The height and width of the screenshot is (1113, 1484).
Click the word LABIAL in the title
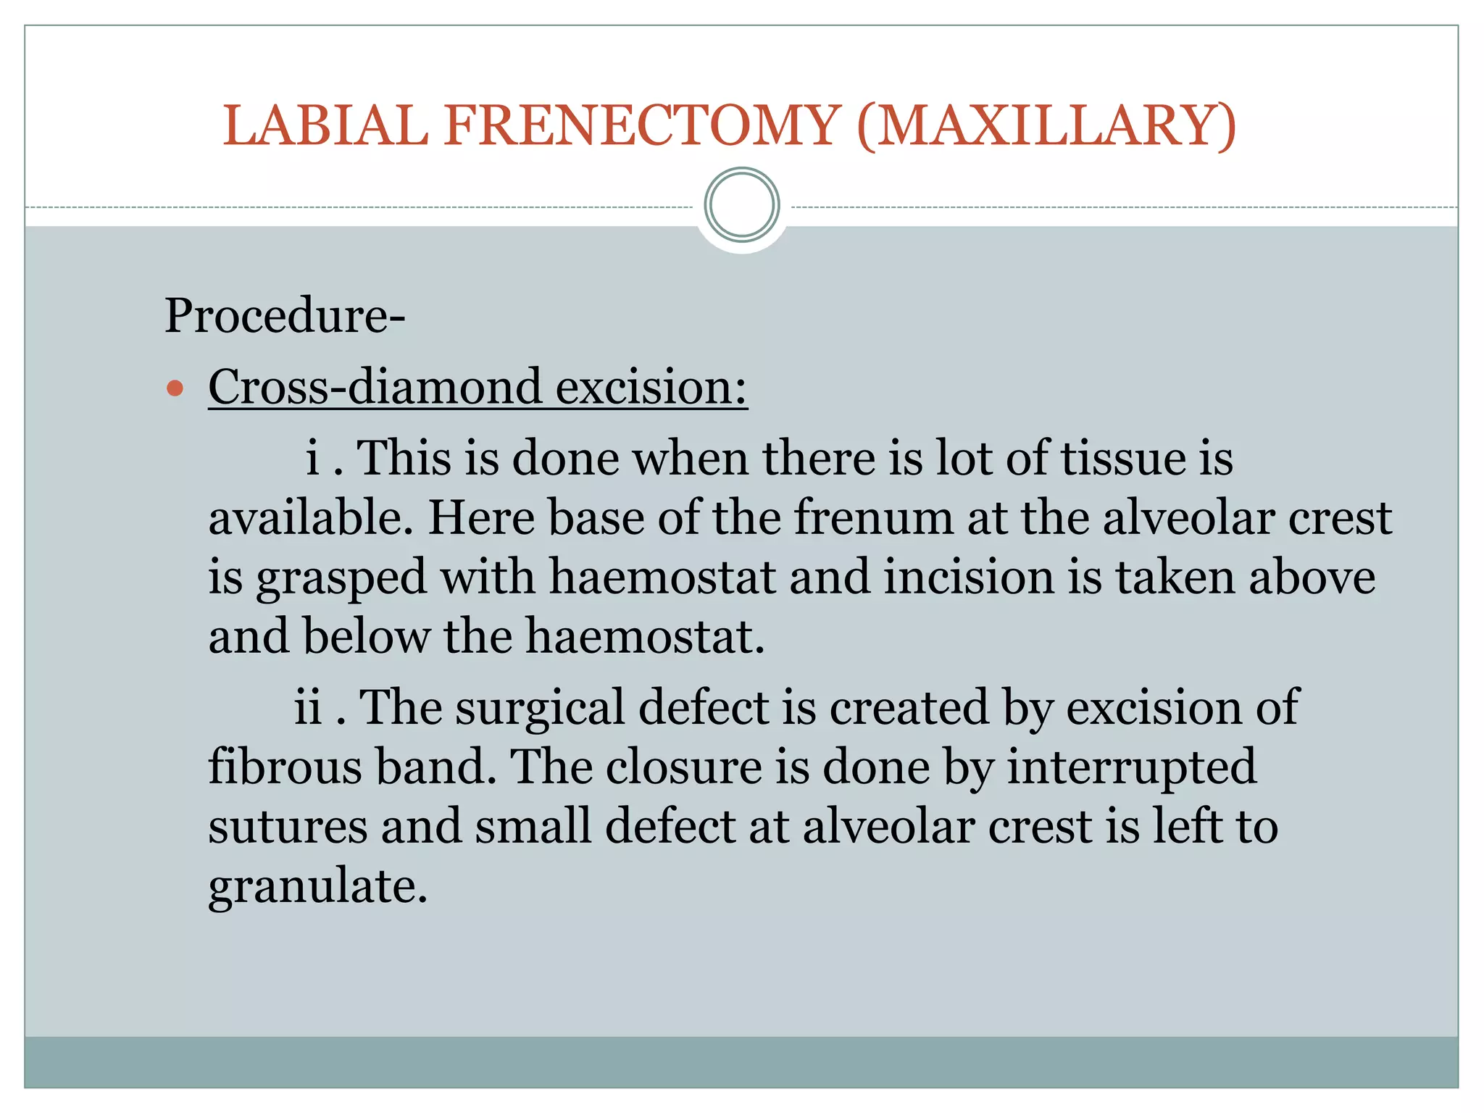[325, 126]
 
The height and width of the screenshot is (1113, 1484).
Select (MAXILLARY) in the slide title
[1046, 126]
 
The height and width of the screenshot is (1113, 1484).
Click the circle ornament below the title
[742, 205]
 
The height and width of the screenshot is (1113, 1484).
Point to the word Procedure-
[285, 316]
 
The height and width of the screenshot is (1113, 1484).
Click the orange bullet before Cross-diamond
[175, 388]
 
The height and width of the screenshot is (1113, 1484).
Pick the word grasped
[341, 578]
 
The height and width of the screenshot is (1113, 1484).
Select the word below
[367, 636]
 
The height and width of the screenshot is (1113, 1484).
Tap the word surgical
[540, 708]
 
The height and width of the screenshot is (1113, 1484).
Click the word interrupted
[1132, 767]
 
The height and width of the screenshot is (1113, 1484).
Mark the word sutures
[288, 827]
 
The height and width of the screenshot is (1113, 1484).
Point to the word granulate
[317, 886]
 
